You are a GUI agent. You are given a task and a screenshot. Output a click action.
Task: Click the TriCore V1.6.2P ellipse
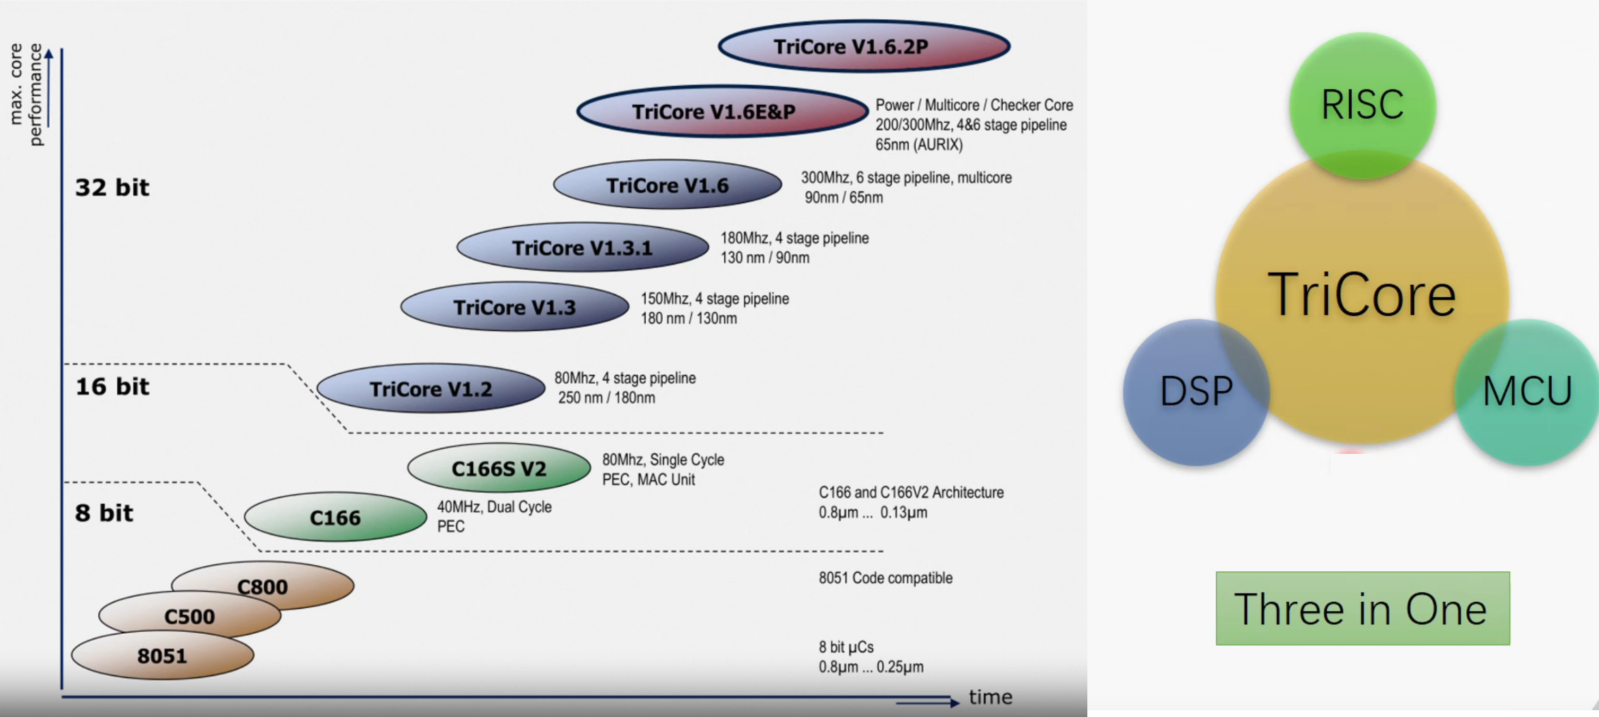coord(864,46)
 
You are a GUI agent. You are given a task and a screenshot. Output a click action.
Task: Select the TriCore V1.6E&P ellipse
coord(722,111)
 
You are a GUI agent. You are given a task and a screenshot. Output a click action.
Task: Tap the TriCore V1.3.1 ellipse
coord(583,247)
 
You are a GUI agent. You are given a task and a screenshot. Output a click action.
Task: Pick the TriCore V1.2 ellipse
coord(431,388)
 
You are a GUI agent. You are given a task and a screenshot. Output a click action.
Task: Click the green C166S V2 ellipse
coord(499,468)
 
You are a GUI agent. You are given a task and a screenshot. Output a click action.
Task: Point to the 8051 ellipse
coord(162,656)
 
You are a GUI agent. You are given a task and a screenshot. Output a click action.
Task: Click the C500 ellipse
coord(189,615)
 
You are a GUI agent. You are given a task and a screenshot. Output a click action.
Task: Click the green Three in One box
coord(1362,608)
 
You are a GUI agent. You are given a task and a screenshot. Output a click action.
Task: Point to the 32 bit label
coord(112,187)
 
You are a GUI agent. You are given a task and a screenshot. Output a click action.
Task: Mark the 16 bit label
coord(112,386)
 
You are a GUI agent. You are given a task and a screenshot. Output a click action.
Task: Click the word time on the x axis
coord(991,697)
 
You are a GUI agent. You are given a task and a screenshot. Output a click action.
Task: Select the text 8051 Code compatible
coord(885,578)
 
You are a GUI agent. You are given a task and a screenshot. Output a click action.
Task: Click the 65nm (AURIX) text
coord(918,144)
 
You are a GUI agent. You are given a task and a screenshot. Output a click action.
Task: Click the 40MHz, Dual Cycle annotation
coord(494,507)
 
